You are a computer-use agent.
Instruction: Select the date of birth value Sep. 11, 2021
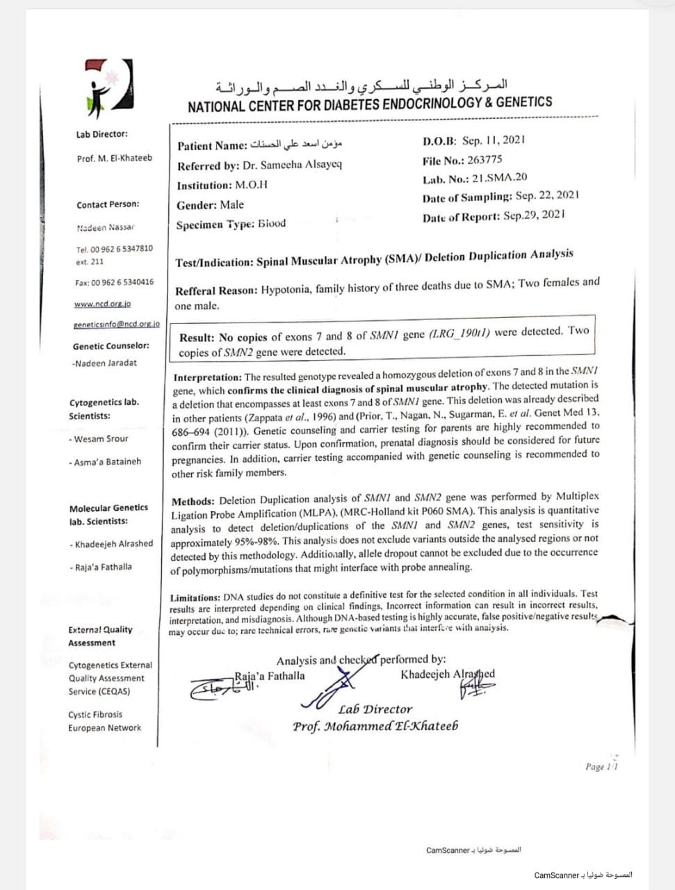tap(494, 140)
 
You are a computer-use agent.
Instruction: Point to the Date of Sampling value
tap(547, 197)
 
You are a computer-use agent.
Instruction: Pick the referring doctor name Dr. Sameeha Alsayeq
tap(292, 165)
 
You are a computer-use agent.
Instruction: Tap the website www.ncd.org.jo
tap(102, 304)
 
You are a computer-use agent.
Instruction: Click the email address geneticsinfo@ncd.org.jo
tap(116, 324)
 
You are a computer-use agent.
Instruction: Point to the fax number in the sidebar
tap(115, 282)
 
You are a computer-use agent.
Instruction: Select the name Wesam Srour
tap(101, 439)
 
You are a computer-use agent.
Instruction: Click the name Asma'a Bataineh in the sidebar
tap(107, 462)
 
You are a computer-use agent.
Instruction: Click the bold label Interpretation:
tap(207, 378)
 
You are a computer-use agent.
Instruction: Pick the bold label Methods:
tap(193, 501)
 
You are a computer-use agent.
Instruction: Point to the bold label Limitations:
tap(195, 597)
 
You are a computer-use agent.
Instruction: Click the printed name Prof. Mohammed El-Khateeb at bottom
tap(375, 727)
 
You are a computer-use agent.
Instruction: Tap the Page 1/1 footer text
tap(601, 766)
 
